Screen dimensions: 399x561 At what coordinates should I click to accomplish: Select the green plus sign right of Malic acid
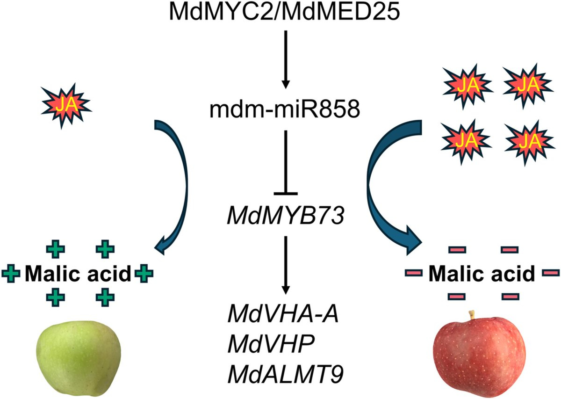pos(144,273)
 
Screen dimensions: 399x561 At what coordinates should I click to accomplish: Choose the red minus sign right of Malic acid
pos(548,273)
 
